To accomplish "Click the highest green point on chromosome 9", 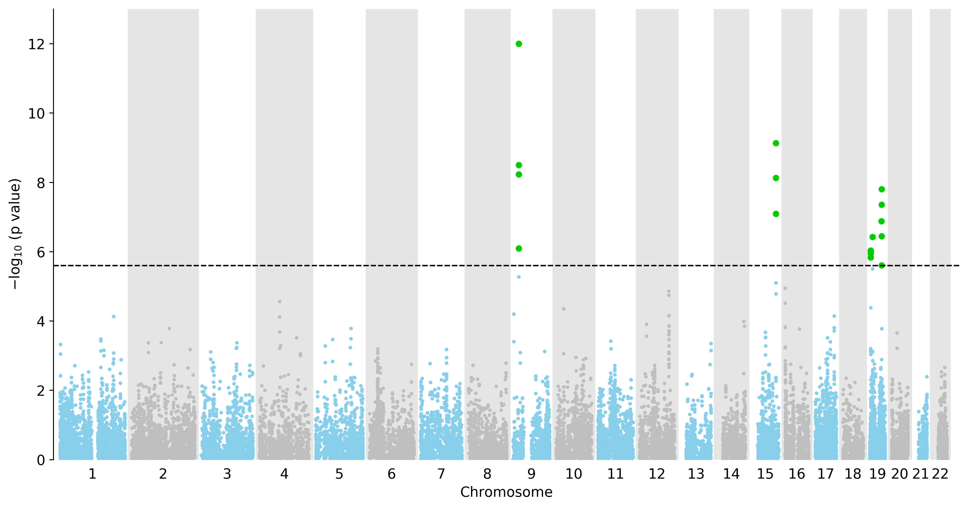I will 519,44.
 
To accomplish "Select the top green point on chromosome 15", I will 776,143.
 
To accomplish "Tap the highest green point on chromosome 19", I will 881,189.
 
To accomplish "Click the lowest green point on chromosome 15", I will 776,214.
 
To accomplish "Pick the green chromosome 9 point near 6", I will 519,249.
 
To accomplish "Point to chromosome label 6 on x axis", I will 392,474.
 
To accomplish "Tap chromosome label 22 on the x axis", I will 940,474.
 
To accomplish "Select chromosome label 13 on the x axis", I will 696,474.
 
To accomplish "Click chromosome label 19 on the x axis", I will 878,474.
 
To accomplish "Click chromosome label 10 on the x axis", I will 574,474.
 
